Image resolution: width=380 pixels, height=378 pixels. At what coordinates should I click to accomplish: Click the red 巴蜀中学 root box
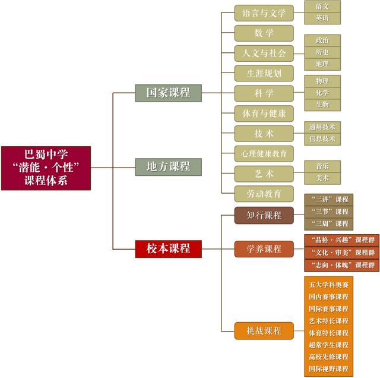[x=46, y=168]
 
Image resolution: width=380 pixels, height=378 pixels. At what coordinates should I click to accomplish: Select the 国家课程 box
[x=169, y=93]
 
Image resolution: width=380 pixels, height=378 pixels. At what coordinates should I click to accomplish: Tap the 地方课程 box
[x=169, y=166]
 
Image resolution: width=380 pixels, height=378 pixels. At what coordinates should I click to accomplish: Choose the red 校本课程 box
[x=169, y=248]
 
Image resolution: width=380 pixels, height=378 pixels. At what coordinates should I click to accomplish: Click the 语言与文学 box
[x=264, y=12]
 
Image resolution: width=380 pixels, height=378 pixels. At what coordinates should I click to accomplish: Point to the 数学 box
[x=264, y=33]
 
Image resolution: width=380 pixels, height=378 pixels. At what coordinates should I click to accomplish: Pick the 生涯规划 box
[x=264, y=73]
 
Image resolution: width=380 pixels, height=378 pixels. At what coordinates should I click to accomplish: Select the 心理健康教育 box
[x=264, y=154]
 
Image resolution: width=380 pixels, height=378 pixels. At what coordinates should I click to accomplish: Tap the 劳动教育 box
[x=264, y=194]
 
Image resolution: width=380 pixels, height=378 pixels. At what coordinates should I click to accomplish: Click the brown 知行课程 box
[x=264, y=215]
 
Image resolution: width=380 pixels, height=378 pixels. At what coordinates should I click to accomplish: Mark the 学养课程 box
[x=264, y=248]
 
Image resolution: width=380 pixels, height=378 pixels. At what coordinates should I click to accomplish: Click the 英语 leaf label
[x=322, y=18]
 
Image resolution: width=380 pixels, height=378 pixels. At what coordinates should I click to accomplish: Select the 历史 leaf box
[x=322, y=52]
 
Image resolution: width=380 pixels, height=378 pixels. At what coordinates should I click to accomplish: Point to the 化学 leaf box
[x=322, y=93]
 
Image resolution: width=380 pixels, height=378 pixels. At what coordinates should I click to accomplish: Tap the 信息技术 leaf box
[x=322, y=139]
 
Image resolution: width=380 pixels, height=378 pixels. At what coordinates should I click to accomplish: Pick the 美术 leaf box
[x=322, y=178]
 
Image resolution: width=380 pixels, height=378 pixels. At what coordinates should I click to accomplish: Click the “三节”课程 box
[x=329, y=212]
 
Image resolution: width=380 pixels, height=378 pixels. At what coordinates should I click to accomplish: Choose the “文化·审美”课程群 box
[x=341, y=252]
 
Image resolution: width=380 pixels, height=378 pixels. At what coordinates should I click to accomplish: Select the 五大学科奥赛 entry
[x=329, y=284]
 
